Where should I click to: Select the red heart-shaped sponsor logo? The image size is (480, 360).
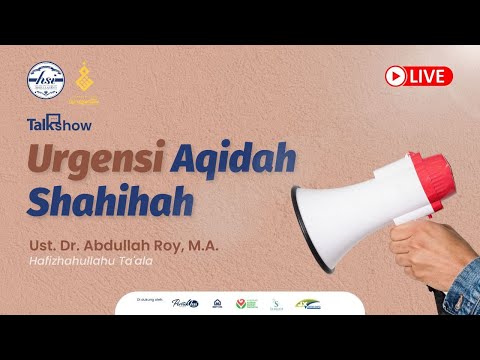pos(239,301)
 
